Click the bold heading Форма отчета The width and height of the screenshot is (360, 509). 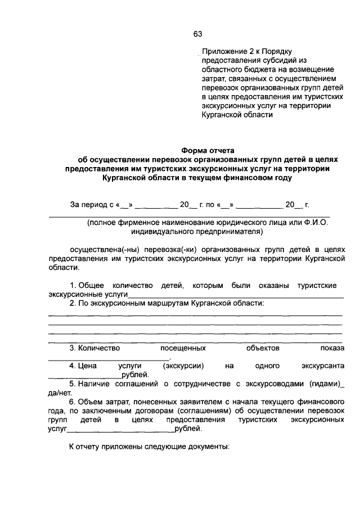pyautogui.click(x=208, y=150)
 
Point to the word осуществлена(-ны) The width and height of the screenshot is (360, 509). pyautogui.click(x=98, y=249)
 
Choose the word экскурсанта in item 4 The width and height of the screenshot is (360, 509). pyautogui.click(x=322, y=366)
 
